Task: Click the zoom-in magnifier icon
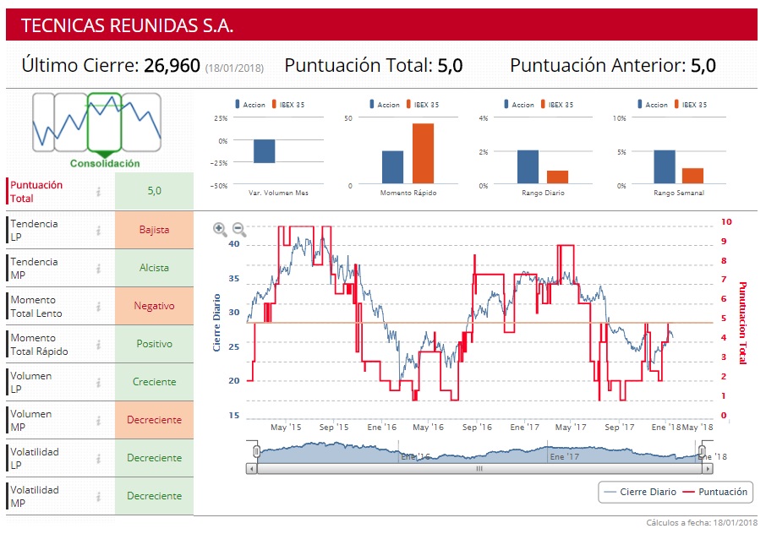[220, 228]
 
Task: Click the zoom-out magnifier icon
[238, 228]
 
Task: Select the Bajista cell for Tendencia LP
[154, 230]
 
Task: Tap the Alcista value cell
[154, 268]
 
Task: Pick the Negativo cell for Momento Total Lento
[154, 306]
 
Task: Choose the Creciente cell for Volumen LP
[154, 382]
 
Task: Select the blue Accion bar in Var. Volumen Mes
[265, 151]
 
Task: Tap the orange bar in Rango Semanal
[692, 176]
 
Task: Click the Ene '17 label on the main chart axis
[525, 428]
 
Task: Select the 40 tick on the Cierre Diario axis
[234, 243]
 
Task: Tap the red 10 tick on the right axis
[726, 222]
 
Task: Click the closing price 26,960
[172, 66]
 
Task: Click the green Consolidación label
[105, 164]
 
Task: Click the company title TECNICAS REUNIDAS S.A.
[127, 25]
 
